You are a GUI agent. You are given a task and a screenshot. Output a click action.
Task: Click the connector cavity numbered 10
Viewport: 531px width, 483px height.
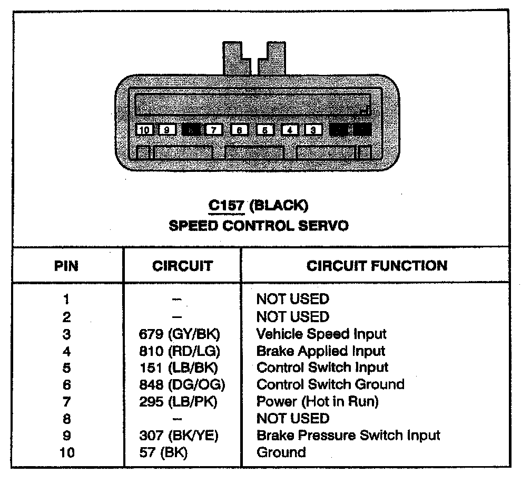coord(144,129)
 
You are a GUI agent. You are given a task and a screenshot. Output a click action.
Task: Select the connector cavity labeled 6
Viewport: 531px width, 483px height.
coord(239,129)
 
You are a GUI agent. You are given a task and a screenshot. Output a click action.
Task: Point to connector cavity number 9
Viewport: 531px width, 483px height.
coord(167,129)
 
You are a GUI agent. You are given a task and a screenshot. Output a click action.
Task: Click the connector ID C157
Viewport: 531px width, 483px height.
coord(226,205)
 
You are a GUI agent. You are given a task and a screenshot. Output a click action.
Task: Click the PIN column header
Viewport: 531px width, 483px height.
coord(66,266)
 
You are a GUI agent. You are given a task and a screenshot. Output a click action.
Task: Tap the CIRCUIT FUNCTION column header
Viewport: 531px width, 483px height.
coord(377,266)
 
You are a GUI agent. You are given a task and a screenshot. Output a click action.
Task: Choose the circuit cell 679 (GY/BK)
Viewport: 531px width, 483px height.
coord(180,334)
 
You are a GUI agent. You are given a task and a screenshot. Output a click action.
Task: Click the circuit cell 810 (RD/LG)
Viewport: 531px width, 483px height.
coord(180,351)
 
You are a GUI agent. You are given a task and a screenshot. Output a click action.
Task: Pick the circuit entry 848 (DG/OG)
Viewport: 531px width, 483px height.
coord(182,385)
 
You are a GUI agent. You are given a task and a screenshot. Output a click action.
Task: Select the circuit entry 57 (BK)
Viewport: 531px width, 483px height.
coord(163,452)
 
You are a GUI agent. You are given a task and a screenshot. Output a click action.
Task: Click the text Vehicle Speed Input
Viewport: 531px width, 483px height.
coord(321,334)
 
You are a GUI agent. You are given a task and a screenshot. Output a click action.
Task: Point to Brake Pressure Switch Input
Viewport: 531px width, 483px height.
coord(348,436)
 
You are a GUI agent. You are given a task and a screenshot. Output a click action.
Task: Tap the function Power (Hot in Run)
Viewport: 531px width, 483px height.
coord(317,402)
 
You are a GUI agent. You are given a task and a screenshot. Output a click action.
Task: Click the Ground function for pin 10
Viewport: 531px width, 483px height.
coord(281,452)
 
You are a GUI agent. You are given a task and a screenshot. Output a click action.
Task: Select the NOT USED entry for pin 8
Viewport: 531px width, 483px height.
coord(292,419)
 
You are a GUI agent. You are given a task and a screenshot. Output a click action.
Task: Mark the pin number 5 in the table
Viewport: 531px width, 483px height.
coord(66,368)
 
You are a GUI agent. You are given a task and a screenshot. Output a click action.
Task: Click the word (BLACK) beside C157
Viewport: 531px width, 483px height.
coord(278,205)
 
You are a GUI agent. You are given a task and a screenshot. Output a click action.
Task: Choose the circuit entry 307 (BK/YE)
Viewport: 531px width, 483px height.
coord(180,436)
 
